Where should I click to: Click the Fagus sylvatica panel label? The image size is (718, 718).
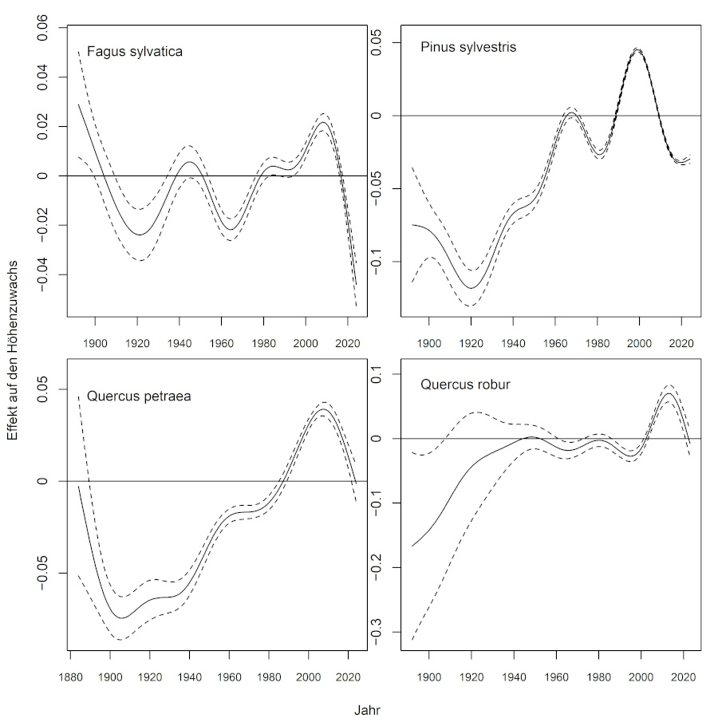click(x=135, y=53)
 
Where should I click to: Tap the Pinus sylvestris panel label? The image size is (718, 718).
click(x=468, y=47)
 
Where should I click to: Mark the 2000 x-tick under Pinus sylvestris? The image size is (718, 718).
click(x=639, y=343)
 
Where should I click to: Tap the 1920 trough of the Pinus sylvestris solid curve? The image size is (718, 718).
click(x=471, y=288)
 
